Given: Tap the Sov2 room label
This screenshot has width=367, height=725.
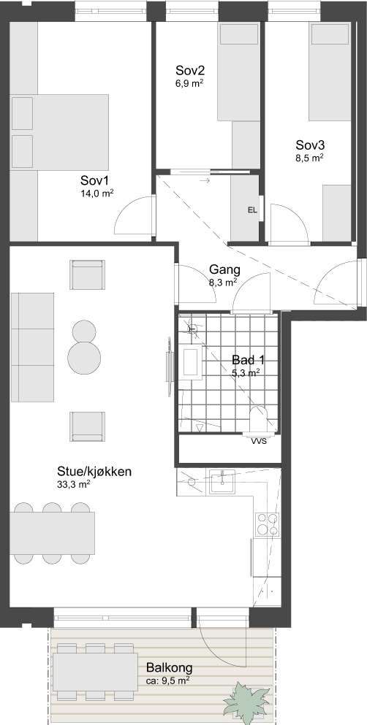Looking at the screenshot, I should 189,71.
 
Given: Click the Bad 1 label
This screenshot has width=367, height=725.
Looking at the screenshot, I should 246,359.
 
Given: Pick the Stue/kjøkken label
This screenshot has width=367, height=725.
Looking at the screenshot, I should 95,472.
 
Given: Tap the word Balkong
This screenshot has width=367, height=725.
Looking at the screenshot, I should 169,668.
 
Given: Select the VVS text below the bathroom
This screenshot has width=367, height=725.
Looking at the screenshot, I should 259,441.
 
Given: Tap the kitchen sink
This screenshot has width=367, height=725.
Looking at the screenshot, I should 221,480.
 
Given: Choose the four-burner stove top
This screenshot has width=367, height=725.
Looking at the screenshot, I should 266,522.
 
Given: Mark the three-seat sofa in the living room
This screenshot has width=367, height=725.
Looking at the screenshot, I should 33,348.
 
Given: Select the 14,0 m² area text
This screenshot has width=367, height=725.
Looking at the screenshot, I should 97,193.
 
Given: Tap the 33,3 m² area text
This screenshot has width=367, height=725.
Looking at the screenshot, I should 74,484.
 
